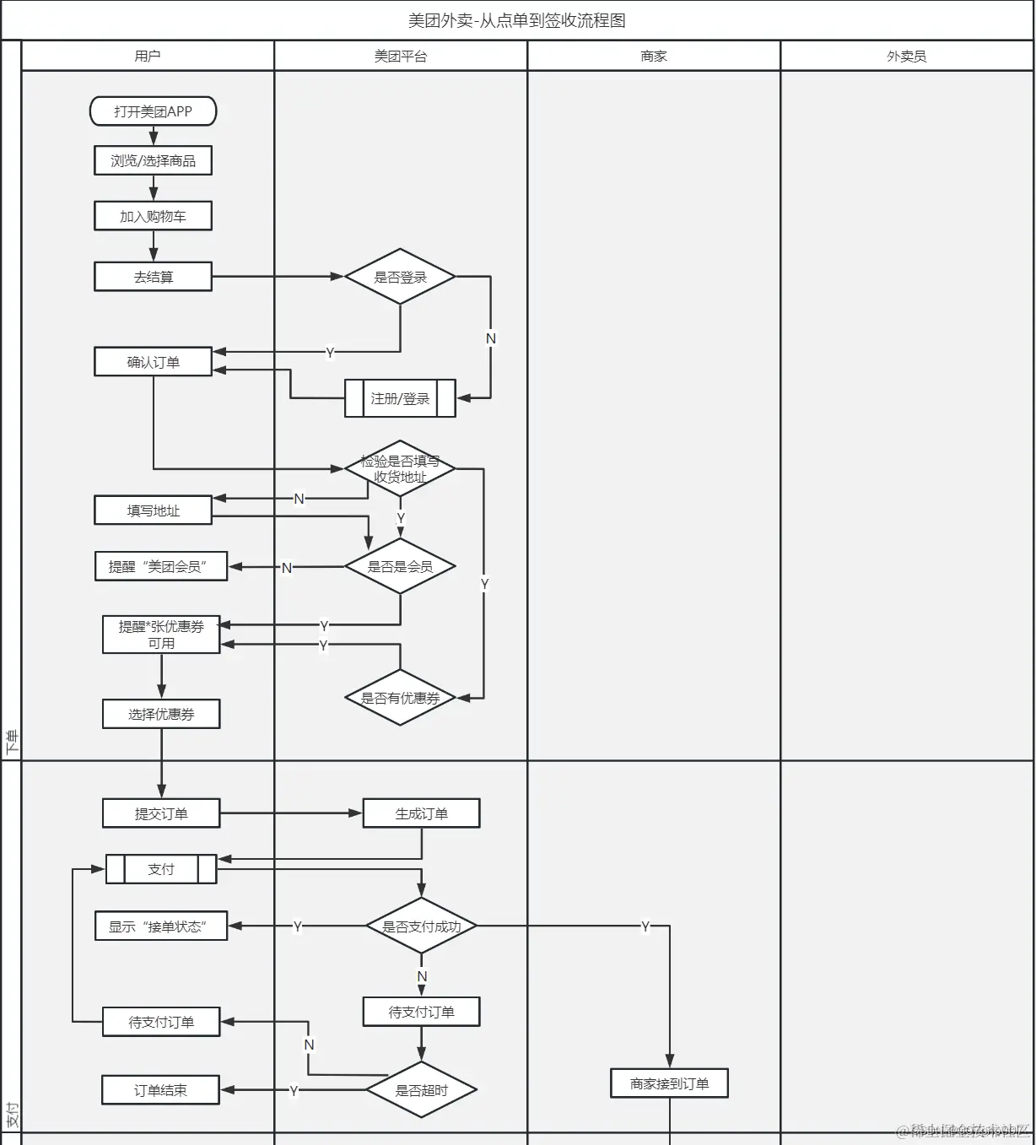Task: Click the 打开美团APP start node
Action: click(x=153, y=111)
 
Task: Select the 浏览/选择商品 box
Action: click(x=153, y=160)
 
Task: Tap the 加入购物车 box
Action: click(x=153, y=216)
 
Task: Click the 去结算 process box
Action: click(x=153, y=277)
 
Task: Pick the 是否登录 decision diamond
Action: click(x=400, y=277)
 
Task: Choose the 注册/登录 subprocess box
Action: click(x=400, y=398)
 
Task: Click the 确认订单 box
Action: click(x=153, y=362)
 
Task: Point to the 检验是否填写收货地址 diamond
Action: click(x=400, y=468)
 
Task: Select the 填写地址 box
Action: click(x=153, y=510)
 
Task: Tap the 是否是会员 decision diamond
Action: click(x=400, y=566)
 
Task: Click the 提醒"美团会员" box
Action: click(x=161, y=566)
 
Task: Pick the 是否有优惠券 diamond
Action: click(x=400, y=698)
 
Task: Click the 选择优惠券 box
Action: click(x=161, y=714)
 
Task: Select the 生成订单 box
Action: click(x=421, y=813)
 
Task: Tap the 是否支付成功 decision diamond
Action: click(x=421, y=926)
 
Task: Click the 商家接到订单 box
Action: click(x=669, y=1083)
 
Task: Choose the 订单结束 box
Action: click(x=160, y=1090)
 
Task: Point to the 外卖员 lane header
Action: click(x=906, y=56)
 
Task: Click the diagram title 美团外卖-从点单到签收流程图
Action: click(x=517, y=20)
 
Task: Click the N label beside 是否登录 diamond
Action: click(x=491, y=338)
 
